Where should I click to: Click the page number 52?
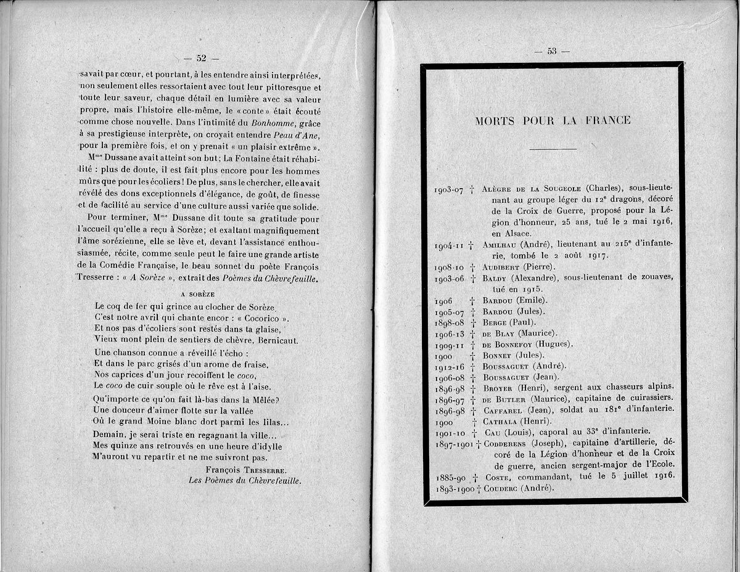click(201, 59)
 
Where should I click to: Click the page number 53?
click(551, 51)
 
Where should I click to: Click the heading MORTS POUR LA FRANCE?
click(553, 120)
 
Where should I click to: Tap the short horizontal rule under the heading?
click(553, 149)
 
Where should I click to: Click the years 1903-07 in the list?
click(449, 190)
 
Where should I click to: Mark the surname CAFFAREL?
click(504, 411)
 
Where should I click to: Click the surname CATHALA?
click(503, 422)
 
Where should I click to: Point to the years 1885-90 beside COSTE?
click(450, 478)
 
